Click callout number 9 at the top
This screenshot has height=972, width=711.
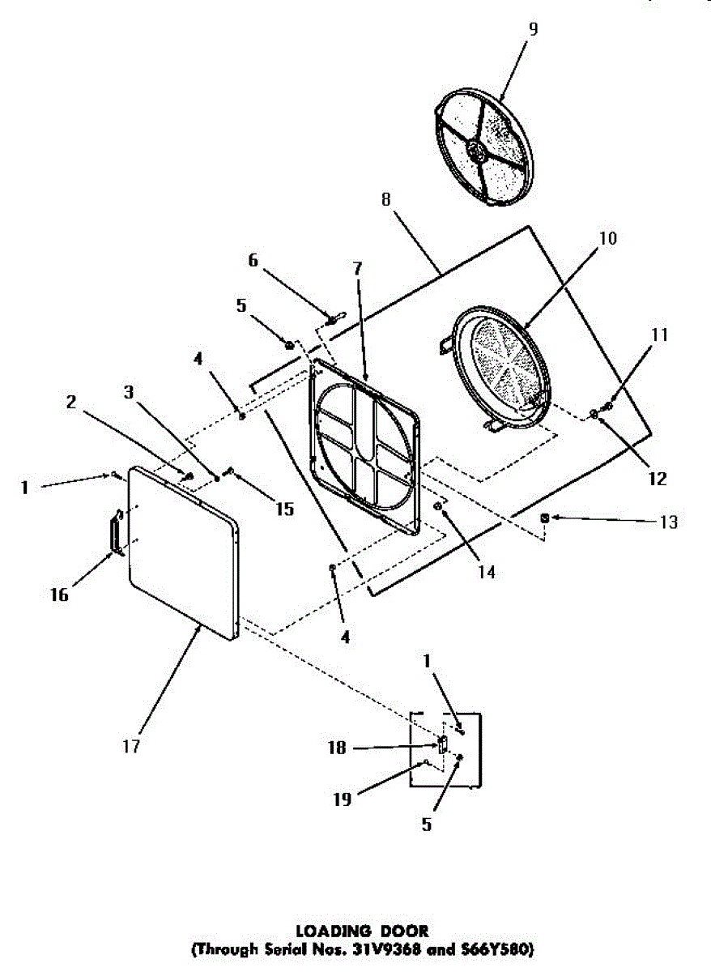[x=532, y=29]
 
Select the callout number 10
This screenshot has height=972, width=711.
[x=608, y=238]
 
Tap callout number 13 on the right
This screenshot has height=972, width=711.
[x=668, y=522]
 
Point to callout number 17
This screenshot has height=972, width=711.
[x=131, y=745]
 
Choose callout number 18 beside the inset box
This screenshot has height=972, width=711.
[x=336, y=748]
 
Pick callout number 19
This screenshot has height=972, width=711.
[x=343, y=799]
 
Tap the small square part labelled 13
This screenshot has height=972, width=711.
[x=545, y=517]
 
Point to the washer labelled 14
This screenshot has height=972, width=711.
[x=438, y=507]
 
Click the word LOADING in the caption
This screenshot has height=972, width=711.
[x=326, y=932]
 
